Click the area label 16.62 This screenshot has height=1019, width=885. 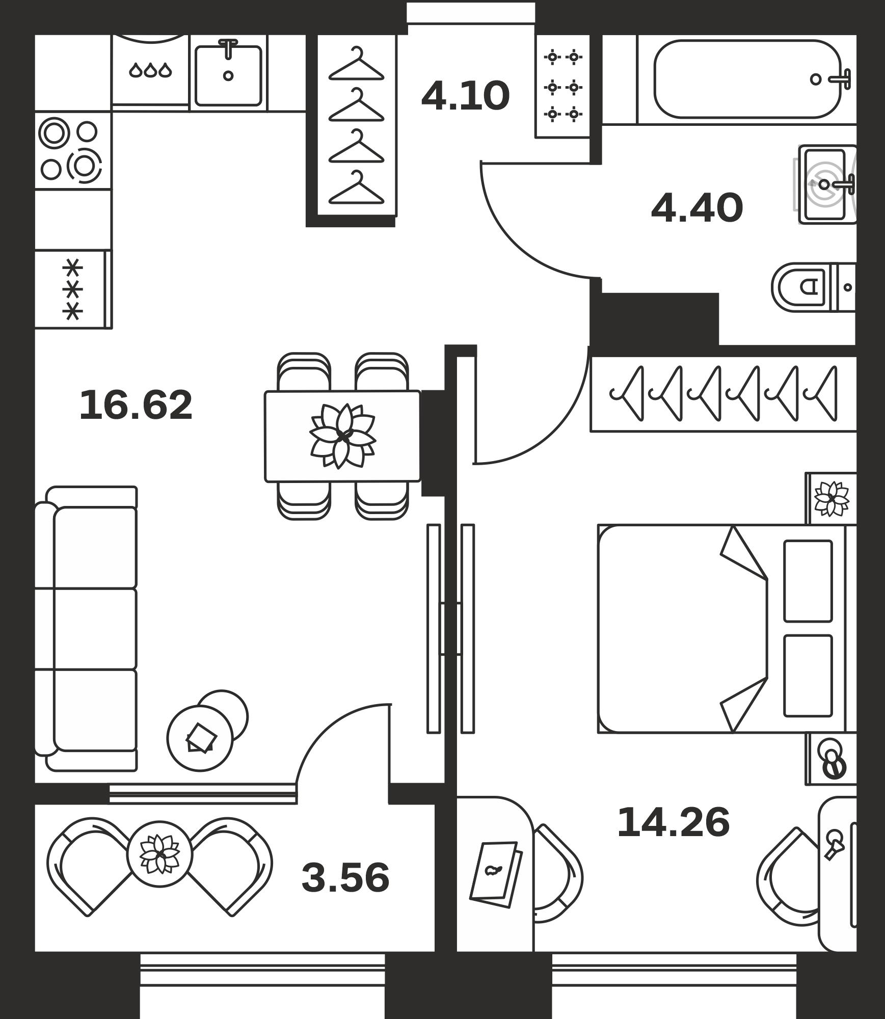[136, 405]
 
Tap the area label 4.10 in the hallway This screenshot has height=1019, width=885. [465, 96]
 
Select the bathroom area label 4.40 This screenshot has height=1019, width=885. [697, 208]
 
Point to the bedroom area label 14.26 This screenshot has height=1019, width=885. [674, 823]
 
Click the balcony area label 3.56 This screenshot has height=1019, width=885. [345, 878]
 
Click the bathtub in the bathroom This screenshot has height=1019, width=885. [747, 79]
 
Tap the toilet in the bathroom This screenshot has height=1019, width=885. [813, 287]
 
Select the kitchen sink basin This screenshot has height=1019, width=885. [228, 75]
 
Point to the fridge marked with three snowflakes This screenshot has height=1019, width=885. [72, 289]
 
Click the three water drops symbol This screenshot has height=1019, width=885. [150, 70]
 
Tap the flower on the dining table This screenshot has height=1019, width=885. [342, 436]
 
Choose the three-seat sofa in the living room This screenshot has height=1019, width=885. [86, 629]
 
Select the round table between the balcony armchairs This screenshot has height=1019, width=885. [159, 854]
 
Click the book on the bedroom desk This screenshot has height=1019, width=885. [496, 874]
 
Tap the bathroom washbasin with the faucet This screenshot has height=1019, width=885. [827, 184]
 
